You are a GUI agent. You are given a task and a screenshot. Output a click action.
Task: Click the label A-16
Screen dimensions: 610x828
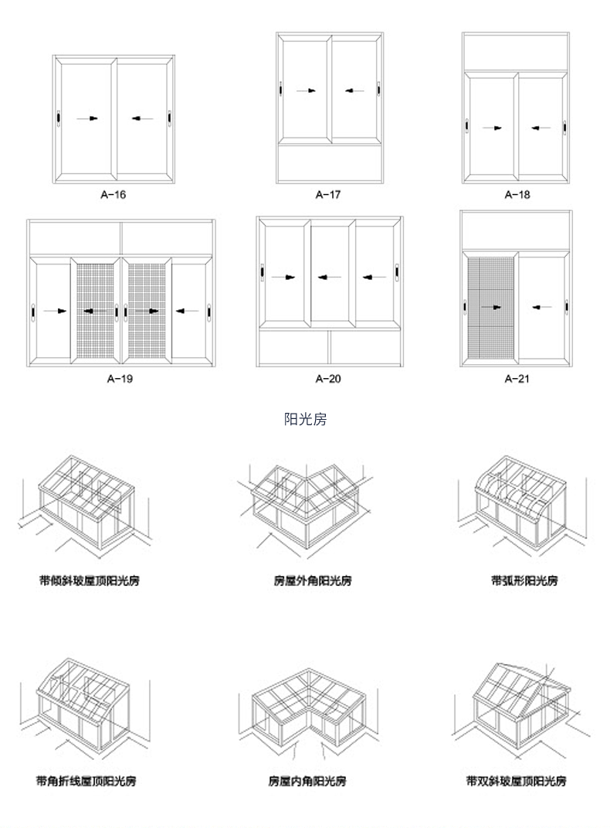pyautogui.click(x=114, y=194)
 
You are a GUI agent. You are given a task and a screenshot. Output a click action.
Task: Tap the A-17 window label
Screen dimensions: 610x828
pyautogui.click(x=328, y=194)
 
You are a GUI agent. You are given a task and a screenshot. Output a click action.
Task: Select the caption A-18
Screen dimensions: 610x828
pyautogui.click(x=517, y=194)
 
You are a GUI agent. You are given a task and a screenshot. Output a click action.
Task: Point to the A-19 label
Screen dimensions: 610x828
pyautogui.click(x=121, y=379)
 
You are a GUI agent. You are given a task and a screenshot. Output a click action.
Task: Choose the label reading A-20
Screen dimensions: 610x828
pyautogui.click(x=328, y=379)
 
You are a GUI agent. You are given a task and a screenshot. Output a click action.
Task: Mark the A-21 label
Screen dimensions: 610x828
pyautogui.click(x=517, y=379)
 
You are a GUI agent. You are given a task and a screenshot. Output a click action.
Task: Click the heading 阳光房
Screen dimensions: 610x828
pyautogui.click(x=306, y=420)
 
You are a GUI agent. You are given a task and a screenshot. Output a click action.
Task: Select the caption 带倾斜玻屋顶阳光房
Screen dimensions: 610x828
pyautogui.click(x=89, y=580)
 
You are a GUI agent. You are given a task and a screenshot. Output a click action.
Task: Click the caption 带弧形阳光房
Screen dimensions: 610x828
pyautogui.click(x=524, y=580)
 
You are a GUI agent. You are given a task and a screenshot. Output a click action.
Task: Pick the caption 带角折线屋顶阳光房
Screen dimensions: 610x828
pyautogui.click(x=86, y=781)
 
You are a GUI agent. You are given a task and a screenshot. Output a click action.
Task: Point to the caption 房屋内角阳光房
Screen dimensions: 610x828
pyautogui.click(x=307, y=781)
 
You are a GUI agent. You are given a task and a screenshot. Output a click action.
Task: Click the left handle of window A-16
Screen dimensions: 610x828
pyautogui.click(x=58, y=119)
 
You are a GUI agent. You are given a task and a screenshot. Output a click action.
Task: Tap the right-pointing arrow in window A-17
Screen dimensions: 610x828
pyautogui.click(x=307, y=90)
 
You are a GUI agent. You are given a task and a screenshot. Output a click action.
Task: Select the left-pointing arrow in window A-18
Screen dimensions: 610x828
pyautogui.click(x=541, y=128)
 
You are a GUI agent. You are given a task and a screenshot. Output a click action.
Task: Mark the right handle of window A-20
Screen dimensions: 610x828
pyautogui.click(x=396, y=273)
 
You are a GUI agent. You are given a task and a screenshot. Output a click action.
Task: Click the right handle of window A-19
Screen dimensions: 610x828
pyautogui.click(x=208, y=312)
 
